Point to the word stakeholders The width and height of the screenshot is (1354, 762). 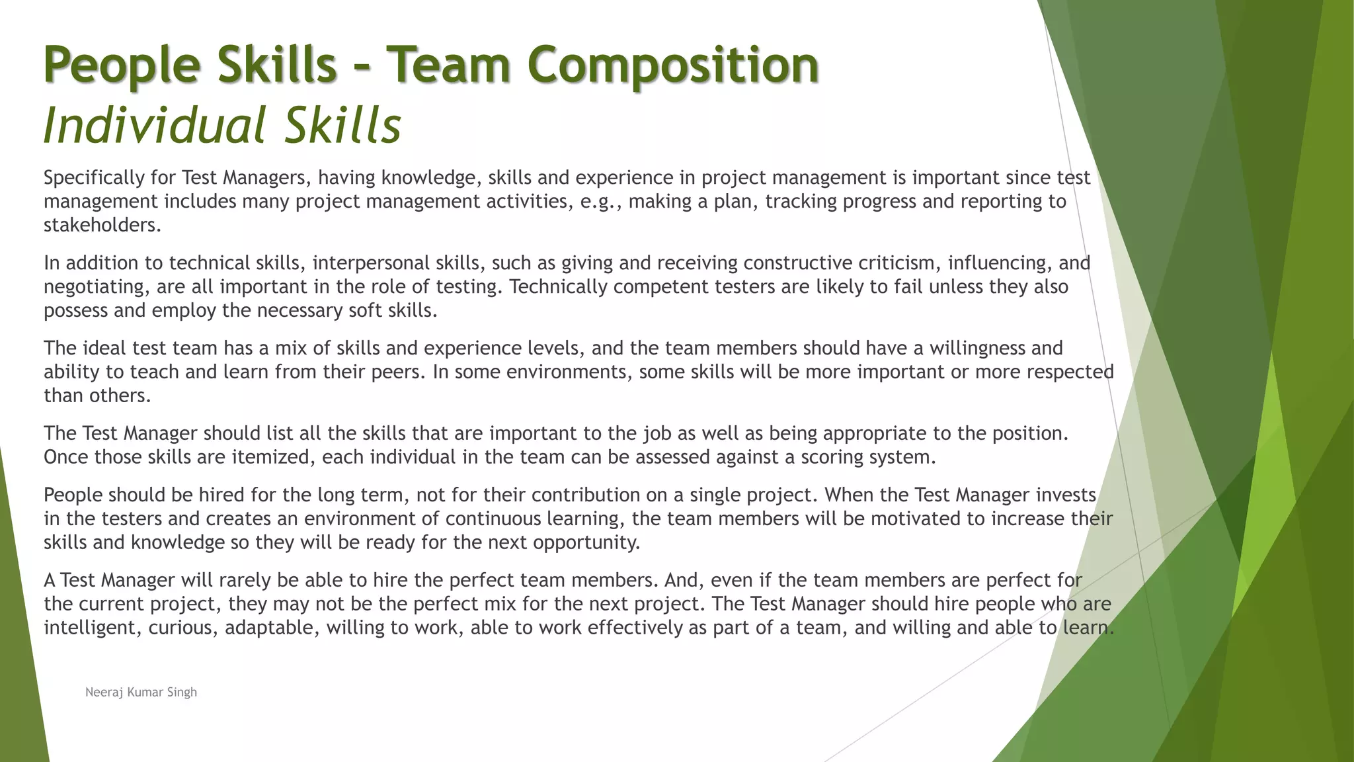click(102, 225)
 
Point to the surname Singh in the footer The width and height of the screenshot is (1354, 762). click(182, 693)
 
